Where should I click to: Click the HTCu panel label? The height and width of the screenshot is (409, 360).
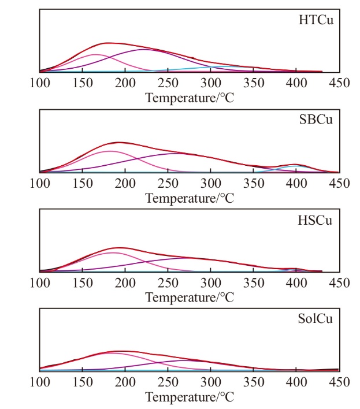point(316,20)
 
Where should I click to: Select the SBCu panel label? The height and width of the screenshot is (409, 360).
point(316,120)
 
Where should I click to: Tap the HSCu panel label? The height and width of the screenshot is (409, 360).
point(316,220)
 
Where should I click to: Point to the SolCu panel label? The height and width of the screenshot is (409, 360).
point(316,318)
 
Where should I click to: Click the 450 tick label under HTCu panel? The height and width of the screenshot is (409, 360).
point(339,83)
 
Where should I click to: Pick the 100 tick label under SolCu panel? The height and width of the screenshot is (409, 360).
point(40,382)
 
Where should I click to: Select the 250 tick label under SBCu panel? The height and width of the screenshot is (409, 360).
point(168,183)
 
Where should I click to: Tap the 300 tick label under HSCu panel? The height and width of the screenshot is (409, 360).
point(211,282)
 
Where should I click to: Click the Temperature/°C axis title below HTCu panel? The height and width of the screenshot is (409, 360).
point(190,98)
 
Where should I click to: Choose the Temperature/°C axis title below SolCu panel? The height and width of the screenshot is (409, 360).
point(190,397)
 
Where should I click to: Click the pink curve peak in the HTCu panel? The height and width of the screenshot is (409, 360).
point(95,54)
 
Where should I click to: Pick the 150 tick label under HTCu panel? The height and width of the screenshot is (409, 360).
point(83,83)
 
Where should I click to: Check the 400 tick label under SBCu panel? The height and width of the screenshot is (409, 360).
point(296,183)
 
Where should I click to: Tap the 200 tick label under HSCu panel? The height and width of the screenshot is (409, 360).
point(125,282)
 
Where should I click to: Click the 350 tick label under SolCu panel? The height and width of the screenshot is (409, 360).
point(254,382)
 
